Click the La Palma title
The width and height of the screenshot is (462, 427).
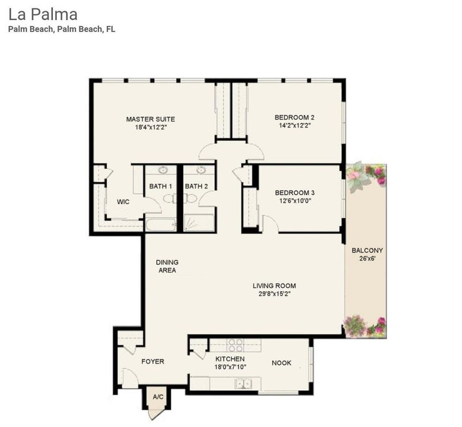tap(43, 14)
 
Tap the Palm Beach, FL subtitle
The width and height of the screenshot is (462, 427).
tap(62, 29)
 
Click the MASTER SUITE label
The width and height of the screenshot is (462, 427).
tap(150, 119)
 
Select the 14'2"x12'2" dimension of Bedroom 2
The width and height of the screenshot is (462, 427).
tap(294, 126)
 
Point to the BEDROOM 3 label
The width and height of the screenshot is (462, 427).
tap(294, 193)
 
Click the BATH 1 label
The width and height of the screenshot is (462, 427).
tap(160, 186)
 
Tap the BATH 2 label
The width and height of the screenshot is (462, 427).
tap(196, 186)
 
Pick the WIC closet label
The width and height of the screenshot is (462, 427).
tap(123, 202)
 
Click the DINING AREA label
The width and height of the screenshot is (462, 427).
tap(167, 266)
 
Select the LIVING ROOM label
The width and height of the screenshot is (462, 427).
tap(274, 286)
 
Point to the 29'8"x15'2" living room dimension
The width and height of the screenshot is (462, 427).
tap(274, 294)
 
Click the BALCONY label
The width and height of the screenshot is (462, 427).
tap(367, 250)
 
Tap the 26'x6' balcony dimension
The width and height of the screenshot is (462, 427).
tap(367, 259)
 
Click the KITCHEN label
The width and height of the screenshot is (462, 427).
tap(230, 359)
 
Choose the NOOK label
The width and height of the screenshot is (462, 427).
tap(281, 363)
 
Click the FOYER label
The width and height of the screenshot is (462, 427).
tap(152, 361)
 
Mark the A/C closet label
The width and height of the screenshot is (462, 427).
tap(158, 397)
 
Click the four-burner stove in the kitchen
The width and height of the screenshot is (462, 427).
tap(235, 345)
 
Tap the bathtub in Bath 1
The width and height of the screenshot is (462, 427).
tap(161, 225)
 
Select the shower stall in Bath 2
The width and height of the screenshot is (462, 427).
tap(199, 223)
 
